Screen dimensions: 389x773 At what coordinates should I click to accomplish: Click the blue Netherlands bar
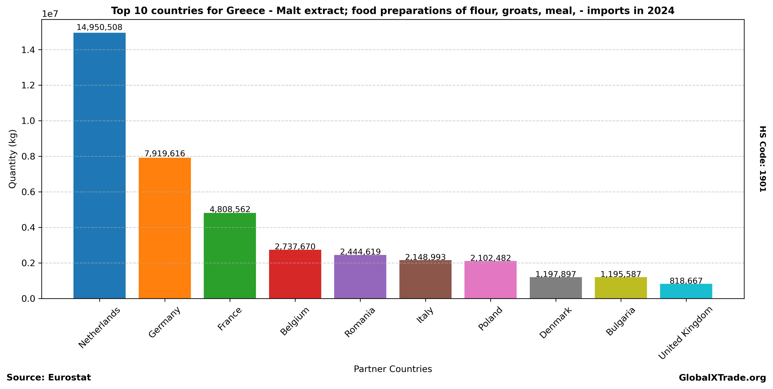[x=99, y=165]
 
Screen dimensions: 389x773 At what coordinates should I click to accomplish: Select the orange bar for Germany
[x=164, y=228]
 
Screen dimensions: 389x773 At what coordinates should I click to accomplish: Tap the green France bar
[x=230, y=255]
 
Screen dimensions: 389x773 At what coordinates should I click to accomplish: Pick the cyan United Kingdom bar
[x=686, y=291]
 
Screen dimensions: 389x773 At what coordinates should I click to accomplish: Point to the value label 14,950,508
[x=99, y=27]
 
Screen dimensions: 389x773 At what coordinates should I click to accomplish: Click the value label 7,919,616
[x=164, y=154]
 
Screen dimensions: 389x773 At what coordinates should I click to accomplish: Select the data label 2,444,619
[x=360, y=252]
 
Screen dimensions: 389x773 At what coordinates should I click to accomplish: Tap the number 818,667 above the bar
[x=686, y=281]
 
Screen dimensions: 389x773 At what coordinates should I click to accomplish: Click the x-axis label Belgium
[x=294, y=321]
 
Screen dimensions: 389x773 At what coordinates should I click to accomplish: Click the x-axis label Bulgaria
[x=620, y=321]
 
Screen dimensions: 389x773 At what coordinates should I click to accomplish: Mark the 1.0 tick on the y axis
[x=28, y=121]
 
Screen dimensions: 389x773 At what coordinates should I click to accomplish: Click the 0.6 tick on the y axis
[x=28, y=192]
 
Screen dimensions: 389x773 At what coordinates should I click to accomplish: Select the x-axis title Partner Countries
[x=393, y=369]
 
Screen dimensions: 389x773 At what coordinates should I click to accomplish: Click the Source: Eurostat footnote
[x=49, y=378]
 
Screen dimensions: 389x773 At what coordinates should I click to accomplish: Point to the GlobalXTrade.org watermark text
[x=722, y=378]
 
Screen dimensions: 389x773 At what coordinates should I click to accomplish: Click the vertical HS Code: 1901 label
[x=762, y=159]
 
